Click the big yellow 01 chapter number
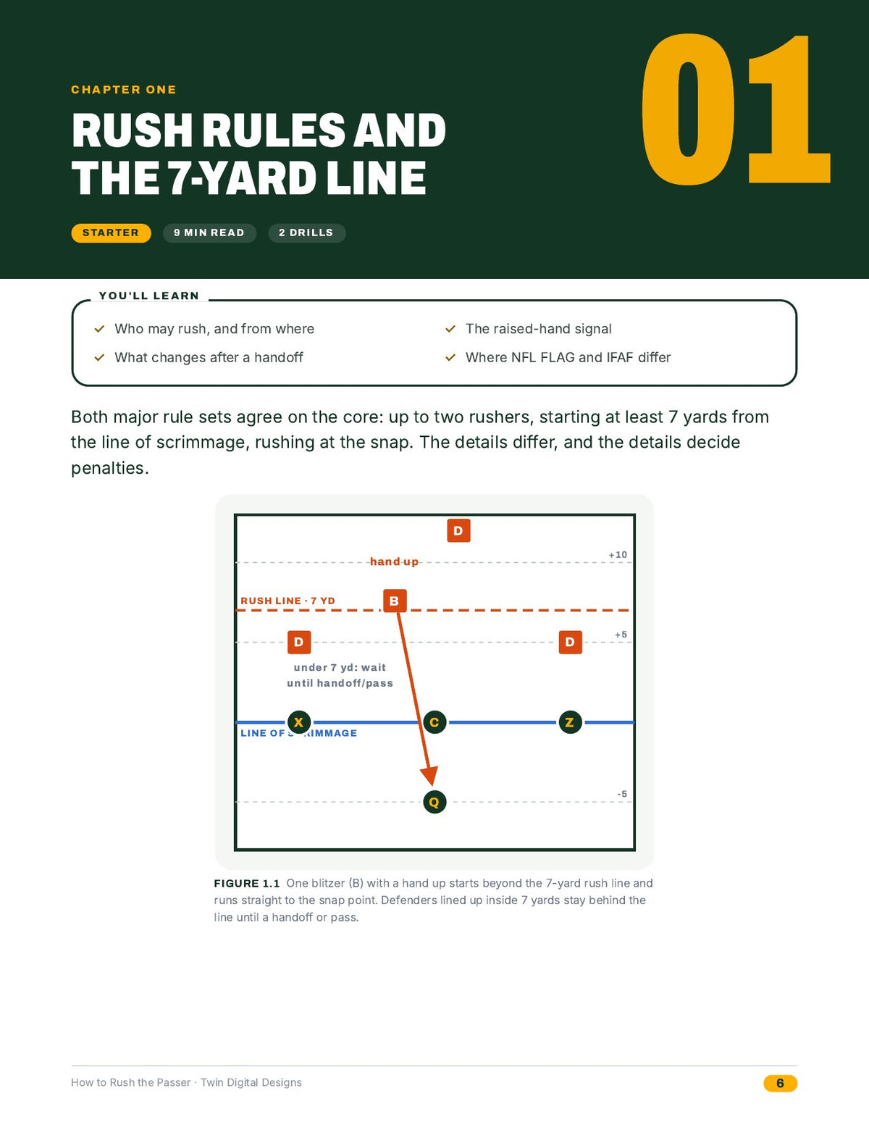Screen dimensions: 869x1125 click(736, 109)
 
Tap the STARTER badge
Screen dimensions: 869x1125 click(111, 233)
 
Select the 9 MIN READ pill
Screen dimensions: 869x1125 click(209, 233)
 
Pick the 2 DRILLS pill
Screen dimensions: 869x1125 click(306, 233)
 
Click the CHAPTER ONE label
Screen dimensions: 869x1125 click(124, 90)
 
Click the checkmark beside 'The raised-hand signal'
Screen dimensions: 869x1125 click(450, 329)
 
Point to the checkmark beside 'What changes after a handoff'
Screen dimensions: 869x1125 click(99, 357)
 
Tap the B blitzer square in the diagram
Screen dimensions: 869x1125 click(395, 601)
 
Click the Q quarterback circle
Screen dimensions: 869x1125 click(434, 802)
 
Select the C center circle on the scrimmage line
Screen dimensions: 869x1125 click(434, 722)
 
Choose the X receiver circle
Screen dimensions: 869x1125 click(298, 722)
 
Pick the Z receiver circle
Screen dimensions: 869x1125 click(570, 722)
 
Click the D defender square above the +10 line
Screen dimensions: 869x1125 click(458, 531)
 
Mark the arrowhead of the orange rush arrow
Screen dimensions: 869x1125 click(431, 785)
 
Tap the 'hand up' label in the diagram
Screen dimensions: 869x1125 click(394, 561)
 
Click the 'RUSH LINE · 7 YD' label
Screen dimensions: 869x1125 click(287, 601)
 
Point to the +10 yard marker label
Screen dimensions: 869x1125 click(618, 554)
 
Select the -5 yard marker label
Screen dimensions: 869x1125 click(621, 794)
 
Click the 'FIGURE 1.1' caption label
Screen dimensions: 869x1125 click(247, 883)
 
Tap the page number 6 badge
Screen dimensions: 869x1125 click(780, 1083)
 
